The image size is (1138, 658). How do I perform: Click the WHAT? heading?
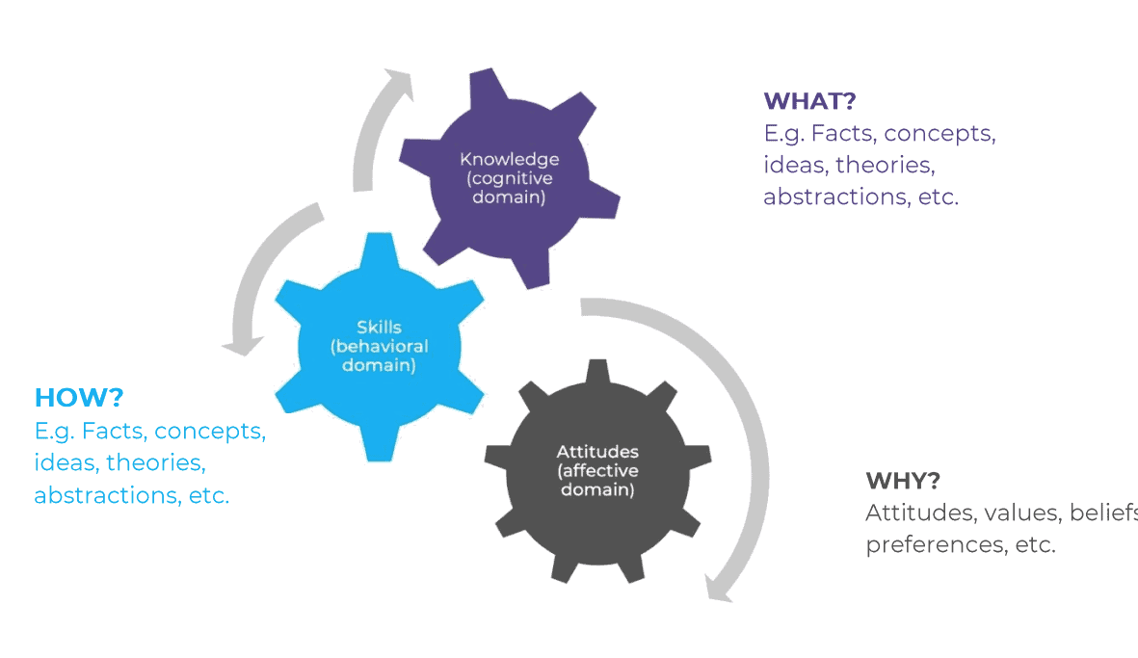tap(809, 101)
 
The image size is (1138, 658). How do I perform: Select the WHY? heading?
tap(903, 481)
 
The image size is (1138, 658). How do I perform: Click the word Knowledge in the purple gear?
tap(509, 159)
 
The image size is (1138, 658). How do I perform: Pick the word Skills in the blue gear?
tap(379, 328)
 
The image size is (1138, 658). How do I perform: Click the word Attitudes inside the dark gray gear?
tap(597, 452)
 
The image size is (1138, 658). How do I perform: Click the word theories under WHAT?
tap(884, 165)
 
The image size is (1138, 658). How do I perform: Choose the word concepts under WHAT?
tap(939, 133)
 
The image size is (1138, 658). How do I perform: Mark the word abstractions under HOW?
tap(103, 495)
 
